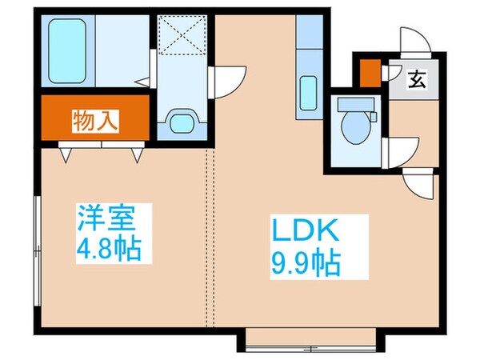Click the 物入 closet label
coord(95,122)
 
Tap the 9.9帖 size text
coord(308,261)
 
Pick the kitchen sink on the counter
coord(309,93)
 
